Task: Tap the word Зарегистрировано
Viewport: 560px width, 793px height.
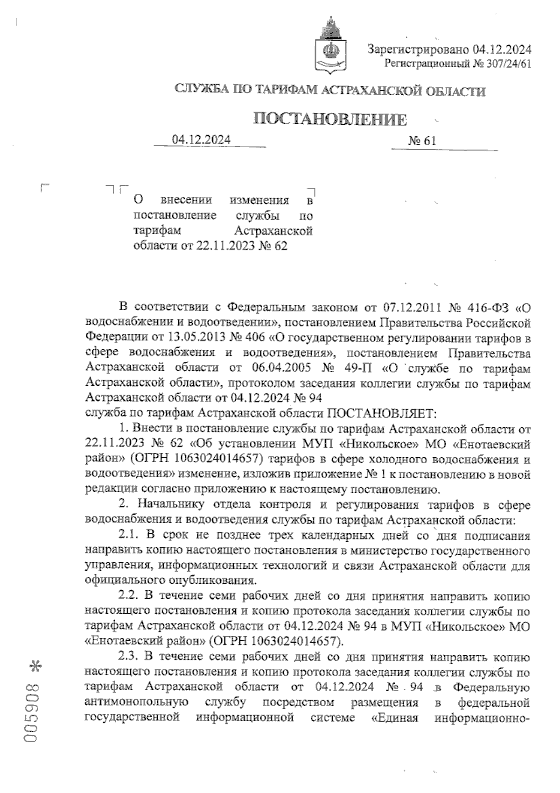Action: click(x=418, y=49)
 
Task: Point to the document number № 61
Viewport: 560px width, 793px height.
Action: click(x=422, y=141)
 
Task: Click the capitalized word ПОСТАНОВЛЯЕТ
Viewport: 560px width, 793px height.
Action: click(x=381, y=413)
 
